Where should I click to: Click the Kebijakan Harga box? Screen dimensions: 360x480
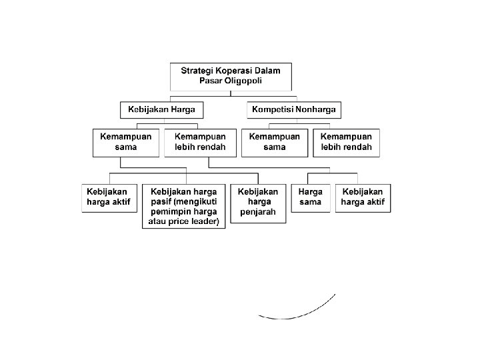[162, 109]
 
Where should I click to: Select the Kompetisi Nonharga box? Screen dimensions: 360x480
[294, 109]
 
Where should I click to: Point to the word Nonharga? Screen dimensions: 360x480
[315, 109]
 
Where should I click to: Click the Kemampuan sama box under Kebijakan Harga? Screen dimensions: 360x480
[126, 142]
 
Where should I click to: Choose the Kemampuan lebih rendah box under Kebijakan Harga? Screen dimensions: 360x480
[200, 142]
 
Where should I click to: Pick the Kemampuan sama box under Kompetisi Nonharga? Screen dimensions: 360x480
[274, 142]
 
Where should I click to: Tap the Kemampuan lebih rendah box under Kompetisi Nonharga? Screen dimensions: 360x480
[346, 142]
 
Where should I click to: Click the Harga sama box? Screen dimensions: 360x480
[311, 197]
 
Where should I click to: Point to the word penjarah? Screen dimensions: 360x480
[258, 213]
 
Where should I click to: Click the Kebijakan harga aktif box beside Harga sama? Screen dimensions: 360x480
[363, 197]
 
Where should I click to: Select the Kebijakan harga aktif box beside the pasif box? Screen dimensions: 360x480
[109, 197]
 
